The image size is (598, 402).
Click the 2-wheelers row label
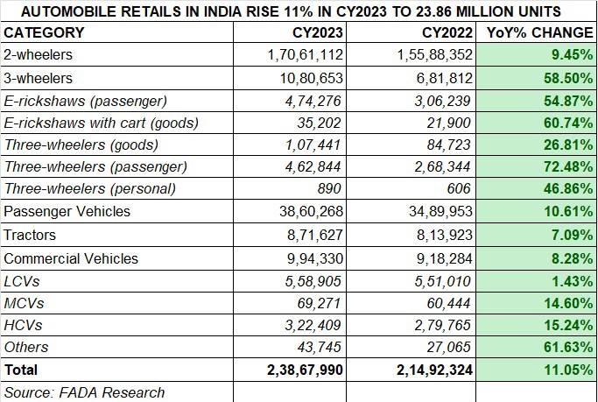point(39,55)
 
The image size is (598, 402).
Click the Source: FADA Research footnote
point(84,392)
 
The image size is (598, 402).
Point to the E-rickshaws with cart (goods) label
point(102,123)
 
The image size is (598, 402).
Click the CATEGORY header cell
point(45,33)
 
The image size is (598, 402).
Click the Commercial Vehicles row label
point(71,258)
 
